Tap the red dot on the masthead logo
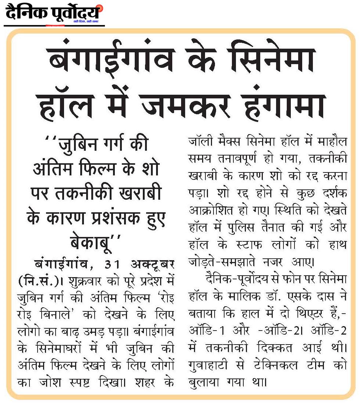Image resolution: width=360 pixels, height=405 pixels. click(x=101, y=7)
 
